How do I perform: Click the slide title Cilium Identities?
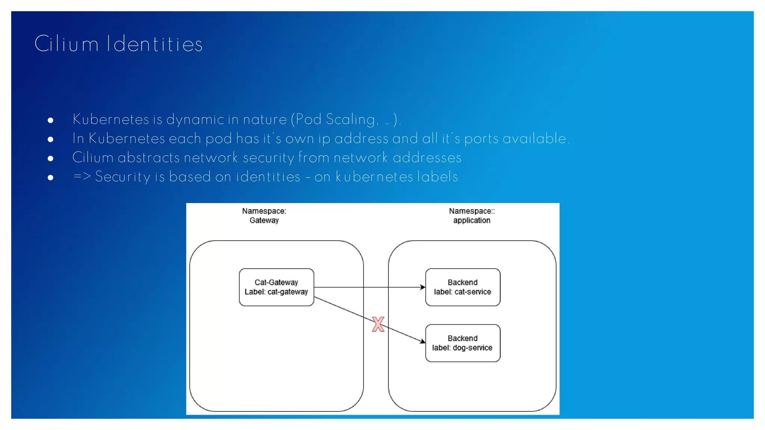(x=118, y=44)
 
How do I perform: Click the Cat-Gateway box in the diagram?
(x=276, y=287)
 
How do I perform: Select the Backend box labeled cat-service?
(x=462, y=287)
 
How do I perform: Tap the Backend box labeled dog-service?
(x=462, y=343)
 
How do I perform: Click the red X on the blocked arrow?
(x=378, y=324)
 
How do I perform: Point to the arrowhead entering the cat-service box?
(x=423, y=287)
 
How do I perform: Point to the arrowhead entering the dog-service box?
(x=422, y=341)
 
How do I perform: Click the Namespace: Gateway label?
(x=264, y=216)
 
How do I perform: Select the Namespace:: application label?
(x=472, y=216)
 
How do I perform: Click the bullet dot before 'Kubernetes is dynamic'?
(x=50, y=120)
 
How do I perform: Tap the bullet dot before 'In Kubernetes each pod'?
(x=50, y=139)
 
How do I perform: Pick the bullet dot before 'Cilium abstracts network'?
(x=50, y=158)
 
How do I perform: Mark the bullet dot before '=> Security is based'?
(x=50, y=177)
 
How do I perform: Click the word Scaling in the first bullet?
(x=350, y=119)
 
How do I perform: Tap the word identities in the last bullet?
(x=268, y=177)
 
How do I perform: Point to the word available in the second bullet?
(x=535, y=138)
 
